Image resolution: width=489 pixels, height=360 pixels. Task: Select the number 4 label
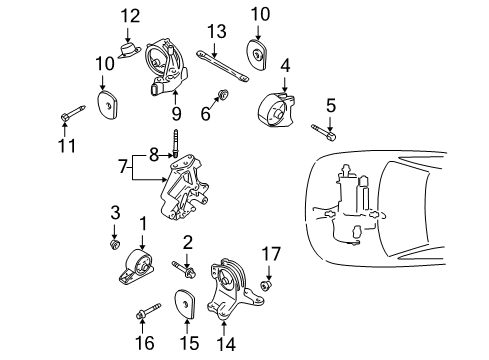286,68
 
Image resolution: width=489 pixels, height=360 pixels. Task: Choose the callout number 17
267,254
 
